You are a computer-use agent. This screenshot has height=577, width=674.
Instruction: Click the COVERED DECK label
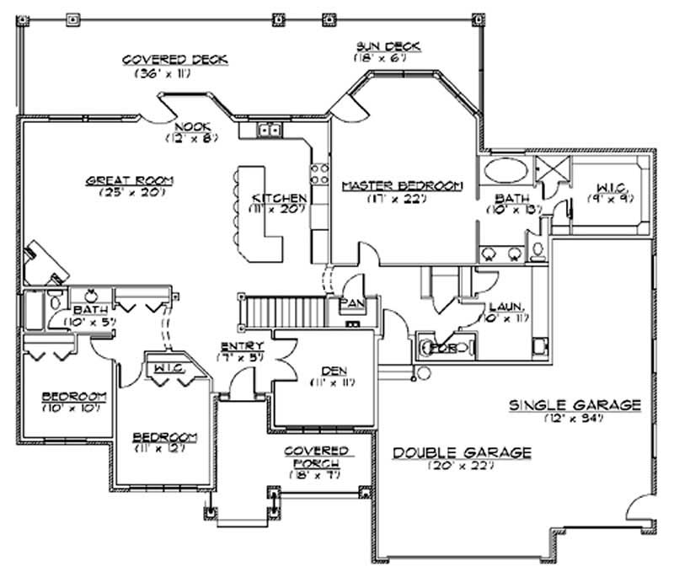click(176, 60)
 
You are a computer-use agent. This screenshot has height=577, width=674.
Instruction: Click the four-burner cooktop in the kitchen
click(320, 174)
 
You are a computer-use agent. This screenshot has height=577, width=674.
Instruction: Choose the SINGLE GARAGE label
click(575, 405)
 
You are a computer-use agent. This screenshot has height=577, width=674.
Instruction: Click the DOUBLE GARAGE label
click(463, 452)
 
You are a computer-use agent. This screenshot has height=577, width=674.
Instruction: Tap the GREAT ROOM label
click(129, 179)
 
